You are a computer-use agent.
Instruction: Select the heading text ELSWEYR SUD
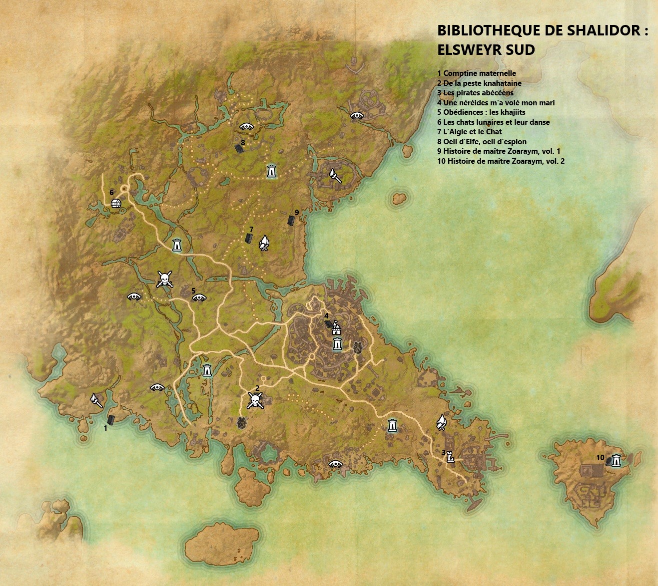(x=486, y=50)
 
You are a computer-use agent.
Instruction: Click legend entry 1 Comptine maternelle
(x=476, y=73)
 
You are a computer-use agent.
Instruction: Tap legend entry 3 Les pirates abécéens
(x=475, y=93)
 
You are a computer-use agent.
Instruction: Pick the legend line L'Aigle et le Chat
(x=469, y=132)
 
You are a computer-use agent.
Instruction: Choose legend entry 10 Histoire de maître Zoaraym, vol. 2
(x=501, y=161)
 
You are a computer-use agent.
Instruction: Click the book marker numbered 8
(x=240, y=149)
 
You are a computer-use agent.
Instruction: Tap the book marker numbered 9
(x=291, y=220)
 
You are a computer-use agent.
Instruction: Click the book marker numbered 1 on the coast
(x=111, y=420)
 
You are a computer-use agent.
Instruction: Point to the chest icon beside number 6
(x=116, y=204)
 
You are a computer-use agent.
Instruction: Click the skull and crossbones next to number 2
(x=255, y=400)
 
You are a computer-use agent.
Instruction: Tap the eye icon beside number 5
(x=199, y=298)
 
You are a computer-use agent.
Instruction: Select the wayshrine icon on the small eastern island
(x=617, y=461)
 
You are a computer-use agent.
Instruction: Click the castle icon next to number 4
(x=336, y=328)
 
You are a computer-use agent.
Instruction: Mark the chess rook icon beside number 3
(x=451, y=456)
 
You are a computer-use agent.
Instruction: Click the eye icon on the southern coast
(x=335, y=464)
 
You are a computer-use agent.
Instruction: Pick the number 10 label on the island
(x=600, y=457)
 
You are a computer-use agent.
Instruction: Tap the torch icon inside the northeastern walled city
(x=334, y=175)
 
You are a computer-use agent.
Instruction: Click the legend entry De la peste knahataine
(x=479, y=83)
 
